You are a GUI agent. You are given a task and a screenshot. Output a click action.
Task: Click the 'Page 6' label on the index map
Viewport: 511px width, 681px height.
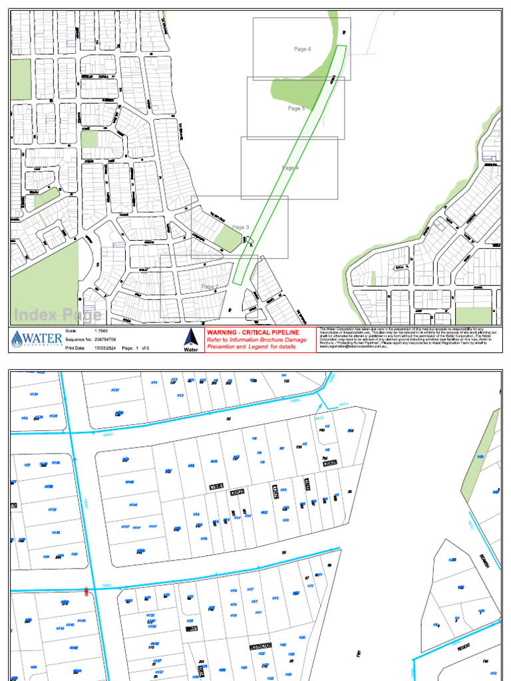coord(303,49)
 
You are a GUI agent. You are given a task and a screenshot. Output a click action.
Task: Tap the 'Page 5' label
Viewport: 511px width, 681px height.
coord(296,108)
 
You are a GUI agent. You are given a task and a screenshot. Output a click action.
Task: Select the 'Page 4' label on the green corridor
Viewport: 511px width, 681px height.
coord(290,168)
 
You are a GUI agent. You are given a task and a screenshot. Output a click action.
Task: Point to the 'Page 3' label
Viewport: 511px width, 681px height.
coord(240,227)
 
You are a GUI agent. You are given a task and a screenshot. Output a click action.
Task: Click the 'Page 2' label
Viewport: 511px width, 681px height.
coord(210,287)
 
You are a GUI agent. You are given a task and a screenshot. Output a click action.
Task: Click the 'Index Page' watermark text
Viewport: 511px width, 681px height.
coord(58,315)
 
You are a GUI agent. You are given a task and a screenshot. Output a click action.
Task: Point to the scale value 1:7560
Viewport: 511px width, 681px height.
coord(102,331)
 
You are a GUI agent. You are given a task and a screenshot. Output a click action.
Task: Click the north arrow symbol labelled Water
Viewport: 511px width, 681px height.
coord(190,339)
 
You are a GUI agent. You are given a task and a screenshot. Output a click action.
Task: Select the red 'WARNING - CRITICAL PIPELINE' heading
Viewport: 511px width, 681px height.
coord(252,332)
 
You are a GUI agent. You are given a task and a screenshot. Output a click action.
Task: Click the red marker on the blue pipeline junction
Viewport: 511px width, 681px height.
coord(88,591)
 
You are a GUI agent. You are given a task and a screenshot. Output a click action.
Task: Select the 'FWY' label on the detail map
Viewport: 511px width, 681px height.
coord(358,654)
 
